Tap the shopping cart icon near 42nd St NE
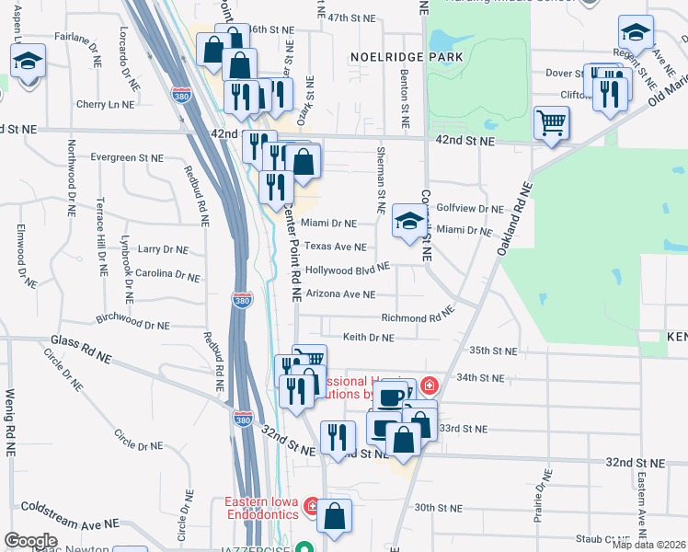click(551, 122)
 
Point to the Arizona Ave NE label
click(340, 294)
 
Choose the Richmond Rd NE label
click(419, 317)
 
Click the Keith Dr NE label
click(368, 338)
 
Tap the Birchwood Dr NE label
click(132, 324)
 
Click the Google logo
click(30, 541)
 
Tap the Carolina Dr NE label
click(167, 274)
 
